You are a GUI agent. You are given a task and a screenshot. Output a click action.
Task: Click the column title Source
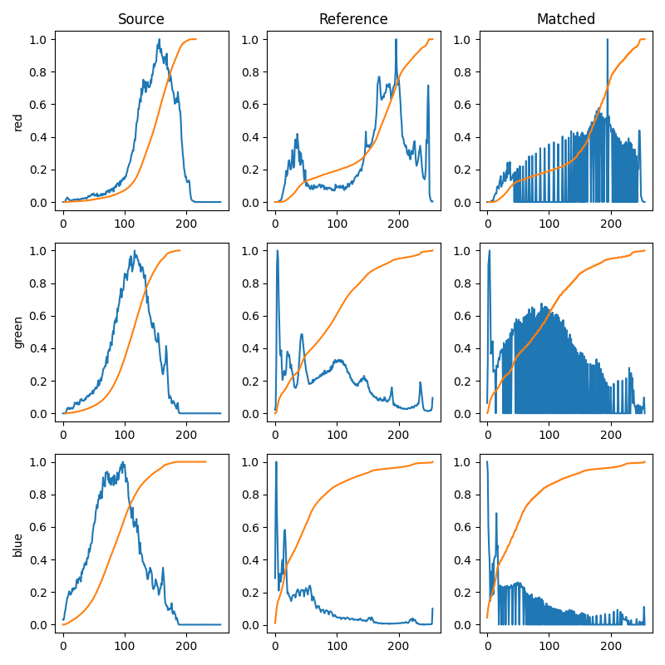click(x=140, y=19)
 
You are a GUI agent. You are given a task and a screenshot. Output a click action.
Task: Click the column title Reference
click(x=353, y=19)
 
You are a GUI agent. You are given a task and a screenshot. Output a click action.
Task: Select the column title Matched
click(x=565, y=19)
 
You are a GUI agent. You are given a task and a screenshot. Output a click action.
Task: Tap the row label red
click(x=18, y=121)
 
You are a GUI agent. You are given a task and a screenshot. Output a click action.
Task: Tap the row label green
click(x=18, y=332)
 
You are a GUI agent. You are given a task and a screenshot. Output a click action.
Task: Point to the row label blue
click(x=18, y=544)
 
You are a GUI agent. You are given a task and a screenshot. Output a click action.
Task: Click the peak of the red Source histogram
click(x=159, y=40)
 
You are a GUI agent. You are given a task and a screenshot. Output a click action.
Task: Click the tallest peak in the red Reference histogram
click(x=396, y=40)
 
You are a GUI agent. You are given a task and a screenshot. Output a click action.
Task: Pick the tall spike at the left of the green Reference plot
click(x=277, y=251)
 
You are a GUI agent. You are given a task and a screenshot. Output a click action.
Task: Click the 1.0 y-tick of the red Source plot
click(x=37, y=39)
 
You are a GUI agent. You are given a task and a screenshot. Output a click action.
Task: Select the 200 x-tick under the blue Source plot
click(x=186, y=643)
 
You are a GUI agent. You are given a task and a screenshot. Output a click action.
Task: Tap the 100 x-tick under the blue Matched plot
click(x=549, y=643)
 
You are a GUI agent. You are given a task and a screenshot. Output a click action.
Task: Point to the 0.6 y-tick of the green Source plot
click(x=37, y=316)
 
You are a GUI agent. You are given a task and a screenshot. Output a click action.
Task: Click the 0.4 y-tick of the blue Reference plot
click(x=249, y=559)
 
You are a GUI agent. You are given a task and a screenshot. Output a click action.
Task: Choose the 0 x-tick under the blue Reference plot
click(x=275, y=643)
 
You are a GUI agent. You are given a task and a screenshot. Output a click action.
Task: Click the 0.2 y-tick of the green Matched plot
click(x=461, y=381)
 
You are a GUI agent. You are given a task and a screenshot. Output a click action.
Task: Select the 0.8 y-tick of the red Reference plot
click(x=249, y=71)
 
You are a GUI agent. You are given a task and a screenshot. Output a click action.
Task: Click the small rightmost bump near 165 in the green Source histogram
click(x=165, y=347)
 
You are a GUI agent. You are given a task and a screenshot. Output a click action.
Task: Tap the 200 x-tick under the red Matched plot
click(x=611, y=220)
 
